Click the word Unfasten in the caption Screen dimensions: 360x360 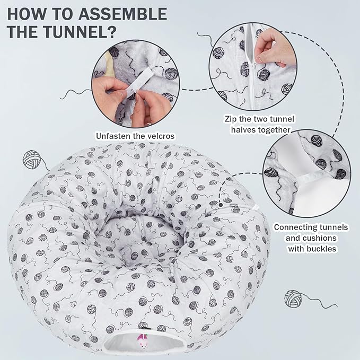tap(113, 136)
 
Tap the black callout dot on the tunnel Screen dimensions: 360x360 tap(220, 202)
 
